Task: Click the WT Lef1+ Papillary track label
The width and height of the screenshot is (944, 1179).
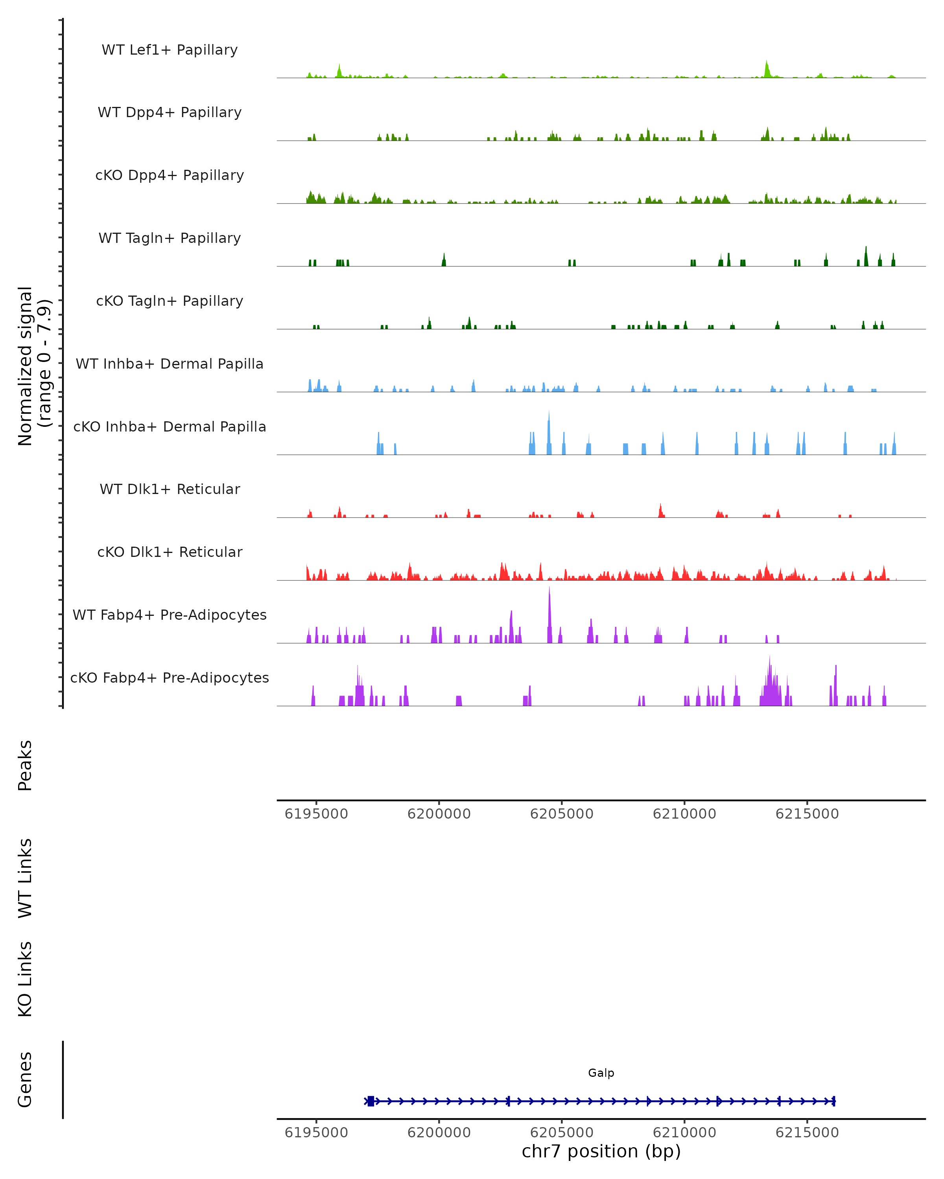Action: tap(170, 50)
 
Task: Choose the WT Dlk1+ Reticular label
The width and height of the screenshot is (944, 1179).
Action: tap(170, 489)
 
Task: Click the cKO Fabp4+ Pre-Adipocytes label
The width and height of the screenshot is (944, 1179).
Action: tap(170, 678)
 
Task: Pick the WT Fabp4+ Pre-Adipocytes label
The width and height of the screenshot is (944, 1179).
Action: tap(170, 615)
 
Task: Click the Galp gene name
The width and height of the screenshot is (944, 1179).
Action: tap(601, 1073)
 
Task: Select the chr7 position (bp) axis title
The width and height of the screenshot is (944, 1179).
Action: tap(601, 1151)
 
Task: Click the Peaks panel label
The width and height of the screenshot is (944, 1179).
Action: tap(25, 765)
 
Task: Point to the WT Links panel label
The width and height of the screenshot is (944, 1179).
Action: tap(25, 878)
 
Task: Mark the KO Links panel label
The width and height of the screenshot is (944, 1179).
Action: tap(25, 979)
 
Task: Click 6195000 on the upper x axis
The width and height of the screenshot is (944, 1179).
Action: tap(316, 814)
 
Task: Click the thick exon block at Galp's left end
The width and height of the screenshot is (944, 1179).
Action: tap(371, 1101)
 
